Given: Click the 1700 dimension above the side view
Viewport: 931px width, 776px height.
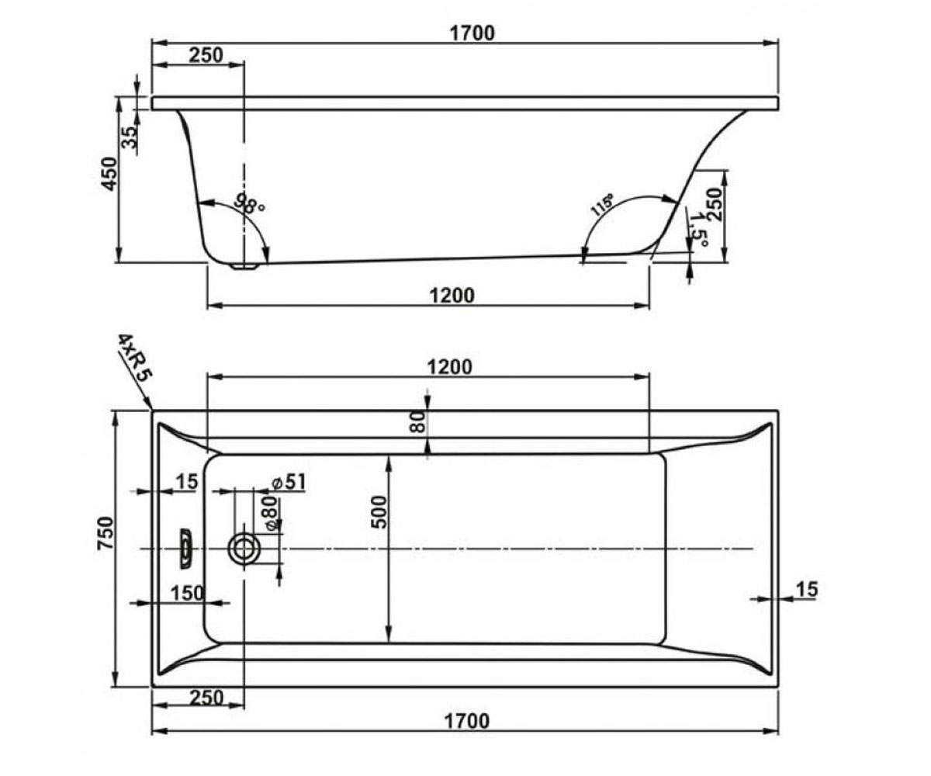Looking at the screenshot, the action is pyautogui.click(x=472, y=33).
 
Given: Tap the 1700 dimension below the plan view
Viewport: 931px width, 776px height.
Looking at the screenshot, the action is pyautogui.click(x=467, y=721).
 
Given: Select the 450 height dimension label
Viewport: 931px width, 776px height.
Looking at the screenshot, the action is pyautogui.click(x=109, y=174).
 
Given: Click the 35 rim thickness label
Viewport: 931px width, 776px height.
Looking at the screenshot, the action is pyautogui.click(x=131, y=137).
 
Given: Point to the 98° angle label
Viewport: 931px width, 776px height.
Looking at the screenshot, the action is pyautogui.click(x=250, y=203).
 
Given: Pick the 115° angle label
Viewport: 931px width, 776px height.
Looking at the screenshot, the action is pyautogui.click(x=602, y=205).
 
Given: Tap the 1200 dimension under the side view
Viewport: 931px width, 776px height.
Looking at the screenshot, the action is pyautogui.click(x=452, y=296).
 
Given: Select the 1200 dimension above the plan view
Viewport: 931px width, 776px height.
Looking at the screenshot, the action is pyautogui.click(x=449, y=367).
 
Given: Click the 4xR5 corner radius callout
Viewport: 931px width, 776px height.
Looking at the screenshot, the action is pyautogui.click(x=134, y=357).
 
